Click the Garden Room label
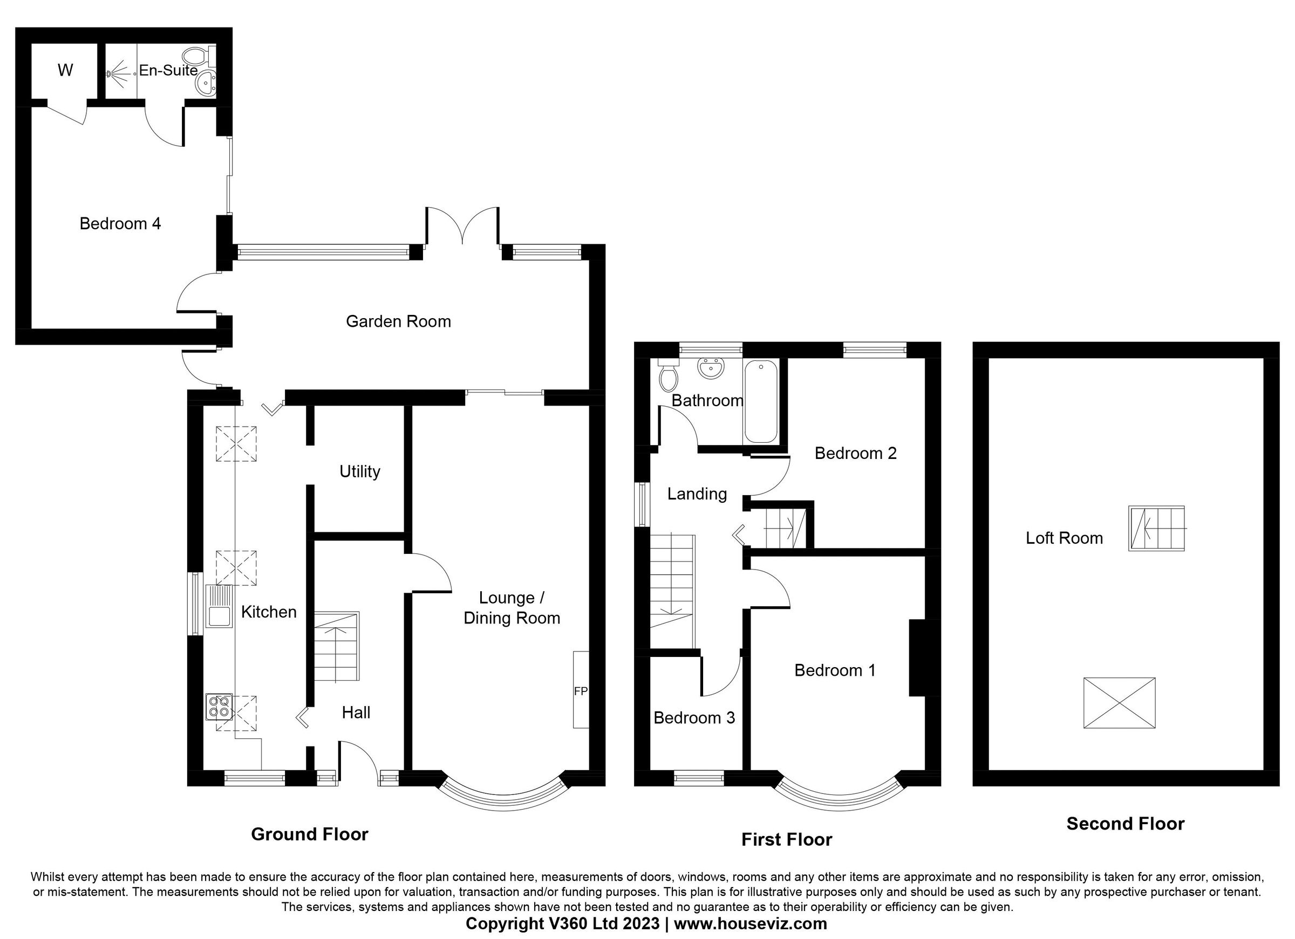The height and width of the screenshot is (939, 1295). tap(398, 321)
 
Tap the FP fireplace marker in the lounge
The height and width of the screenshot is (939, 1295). tap(580, 691)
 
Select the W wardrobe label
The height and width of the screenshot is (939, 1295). tap(65, 70)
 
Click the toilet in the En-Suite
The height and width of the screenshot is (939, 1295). tap(197, 56)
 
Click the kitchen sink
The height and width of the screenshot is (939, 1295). tap(220, 607)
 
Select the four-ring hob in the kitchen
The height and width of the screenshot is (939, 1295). tap(219, 707)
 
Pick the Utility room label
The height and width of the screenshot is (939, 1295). tap(359, 471)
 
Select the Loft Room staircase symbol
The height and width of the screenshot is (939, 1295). tap(1156, 528)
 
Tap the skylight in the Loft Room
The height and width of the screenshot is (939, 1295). tap(1119, 703)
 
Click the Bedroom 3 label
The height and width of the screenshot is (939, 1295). tap(694, 717)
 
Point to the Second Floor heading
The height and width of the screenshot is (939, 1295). tap(1125, 824)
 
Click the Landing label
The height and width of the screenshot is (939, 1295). tap(697, 494)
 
